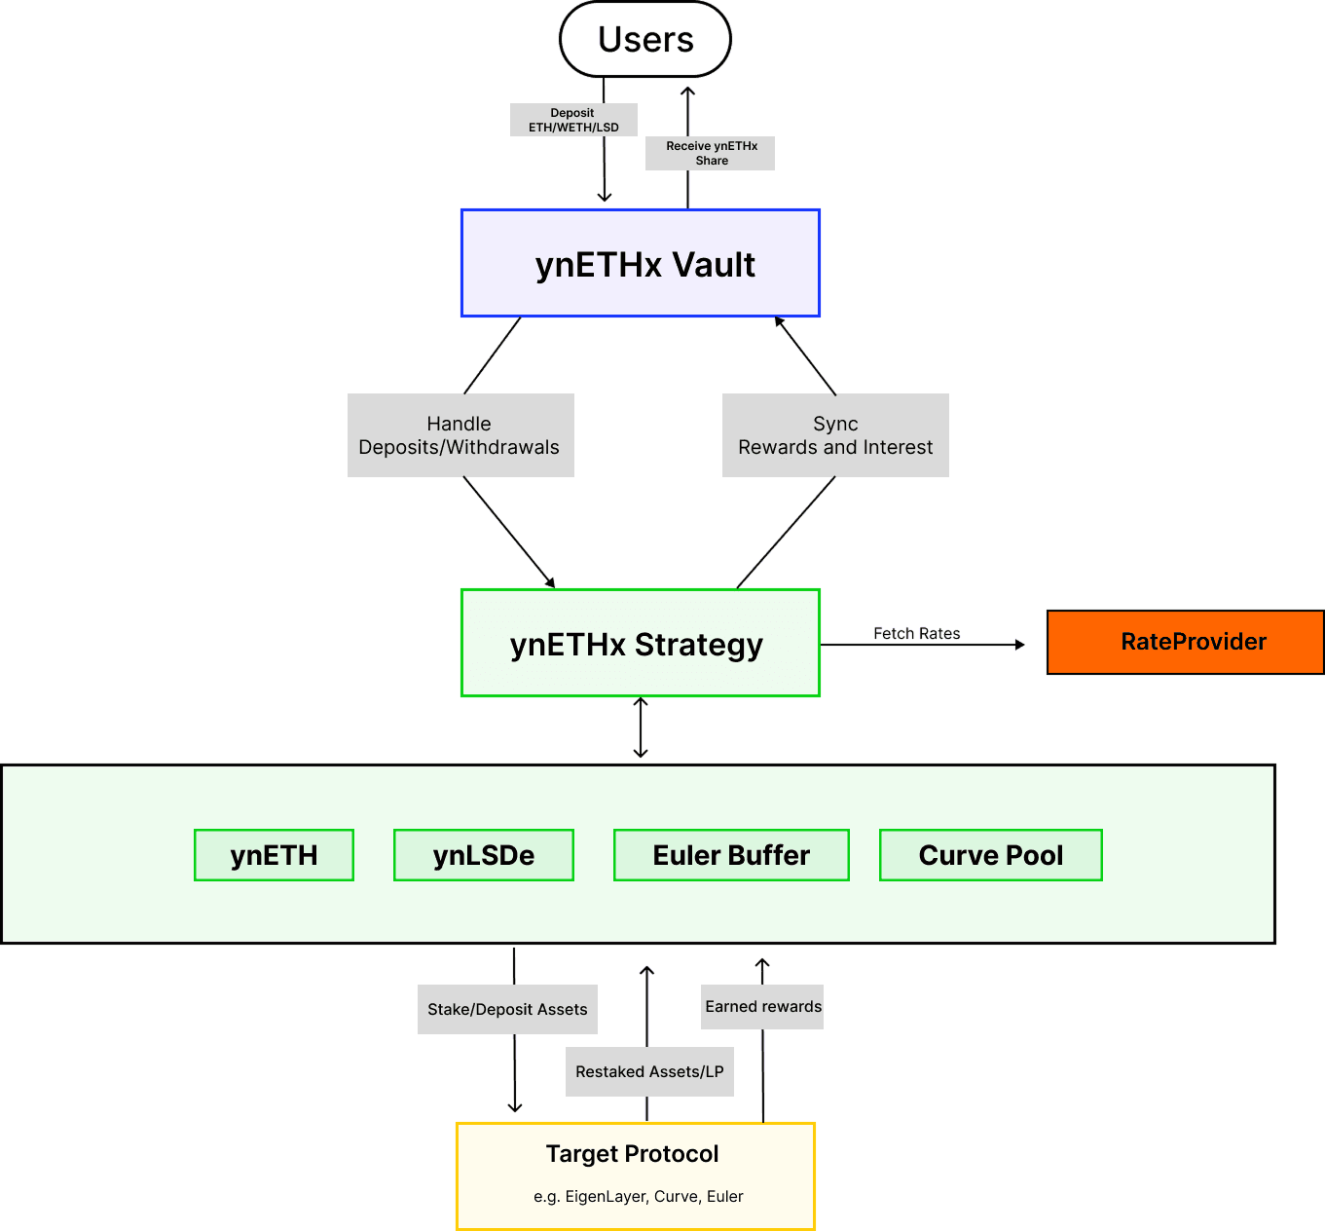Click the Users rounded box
pyautogui.click(x=645, y=40)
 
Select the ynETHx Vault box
pyautogui.click(x=641, y=264)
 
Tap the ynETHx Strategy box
pyautogui.click(x=640, y=644)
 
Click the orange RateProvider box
pyautogui.click(x=1185, y=642)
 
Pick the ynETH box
pyautogui.click(x=274, y=855)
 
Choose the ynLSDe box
pyautogui.click(x=484, y=855)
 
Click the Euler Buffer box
pyautogui.click(x=731, y=855)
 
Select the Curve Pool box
pyautogui.click(x=990, y=855)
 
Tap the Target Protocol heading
pyautogui.click(x=633, y=1154)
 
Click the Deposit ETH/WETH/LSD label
pyautogui.click(x=573, y=120)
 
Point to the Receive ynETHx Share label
pyautogui.click(x=711, y=153)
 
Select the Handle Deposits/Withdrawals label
pyautogui.click(x=460, y=435)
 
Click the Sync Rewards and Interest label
pyautogui.click(x=835, y=435)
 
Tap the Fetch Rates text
pyautogui.click(x=916, y=634)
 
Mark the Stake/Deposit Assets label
pyautogui.click(x=507, y=1009)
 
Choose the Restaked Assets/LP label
pyautogui.click(x=649, y=1071)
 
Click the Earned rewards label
pyautogui.click(x=763, y=1007)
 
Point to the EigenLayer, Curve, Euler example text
pyautogui.click(x=639, y=1196)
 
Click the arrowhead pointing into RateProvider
pyautogui.click(x=1020, y=645)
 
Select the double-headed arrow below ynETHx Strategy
pyautogui.click(x=641, y=727)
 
